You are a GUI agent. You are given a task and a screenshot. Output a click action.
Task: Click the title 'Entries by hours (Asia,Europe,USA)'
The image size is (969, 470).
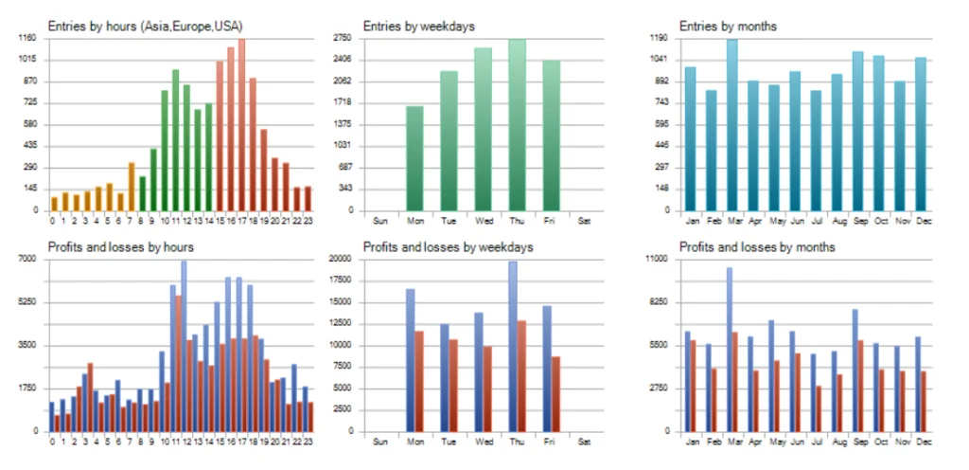[x=138, y=26]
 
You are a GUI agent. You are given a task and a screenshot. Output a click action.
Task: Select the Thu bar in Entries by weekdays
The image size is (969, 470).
[x=517, y=123]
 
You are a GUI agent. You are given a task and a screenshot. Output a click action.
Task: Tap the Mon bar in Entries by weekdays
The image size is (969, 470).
[x=414, y=157]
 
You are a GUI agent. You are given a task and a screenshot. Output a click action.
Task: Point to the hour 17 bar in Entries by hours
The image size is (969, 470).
[x=241, y=123]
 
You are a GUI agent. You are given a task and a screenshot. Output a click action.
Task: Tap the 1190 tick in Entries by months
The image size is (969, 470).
[x=659, y=38]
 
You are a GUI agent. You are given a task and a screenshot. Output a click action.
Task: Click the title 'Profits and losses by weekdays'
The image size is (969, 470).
[x=449, y=247]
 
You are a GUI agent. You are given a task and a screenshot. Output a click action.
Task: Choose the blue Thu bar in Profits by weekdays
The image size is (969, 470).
[x=513, y=346]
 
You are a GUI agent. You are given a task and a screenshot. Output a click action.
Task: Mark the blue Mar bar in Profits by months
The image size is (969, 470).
[x=729, y=349]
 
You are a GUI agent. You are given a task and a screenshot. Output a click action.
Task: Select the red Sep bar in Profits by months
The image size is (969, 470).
[x=860, y=386]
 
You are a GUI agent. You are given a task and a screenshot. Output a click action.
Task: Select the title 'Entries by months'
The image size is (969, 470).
[x=728, y=26]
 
